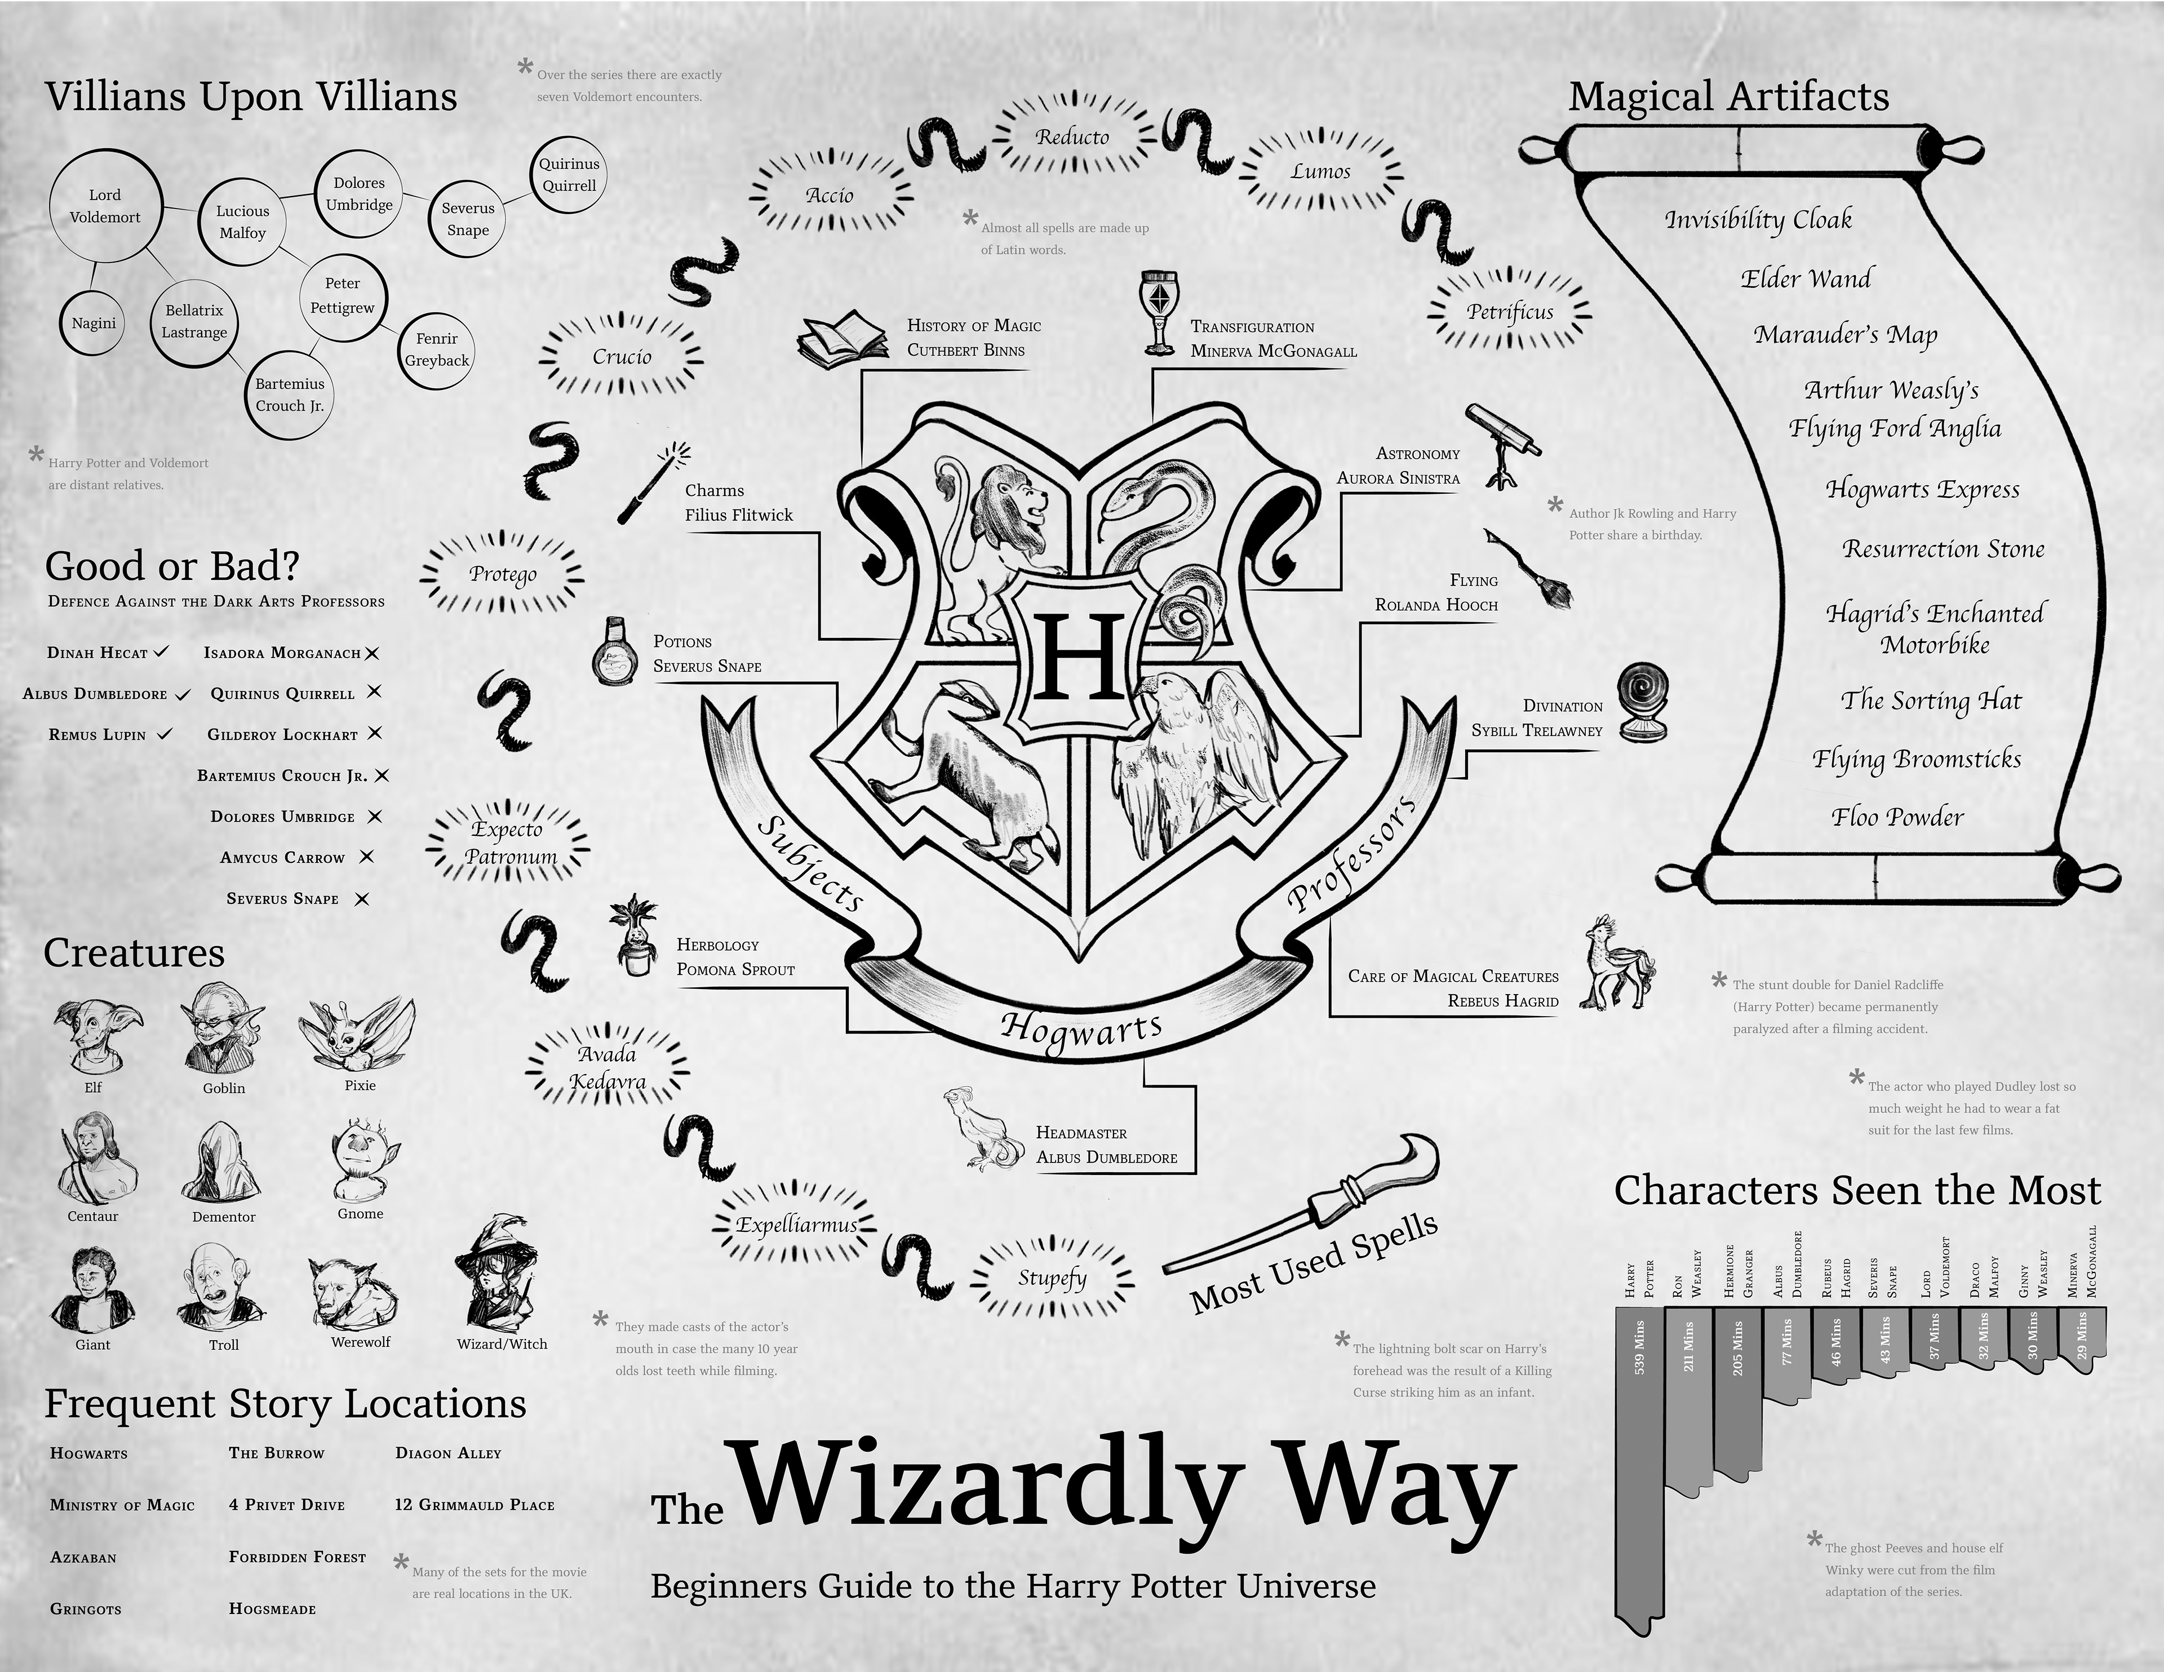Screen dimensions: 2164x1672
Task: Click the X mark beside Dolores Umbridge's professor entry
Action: pos(375,817)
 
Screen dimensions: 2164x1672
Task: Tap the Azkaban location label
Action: pos(83,1557)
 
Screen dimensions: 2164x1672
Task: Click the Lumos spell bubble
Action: pos(1321,171)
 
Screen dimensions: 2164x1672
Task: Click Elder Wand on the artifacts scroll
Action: pos(1806,278)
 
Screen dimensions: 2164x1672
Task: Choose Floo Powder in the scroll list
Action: pos(1897,818)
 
